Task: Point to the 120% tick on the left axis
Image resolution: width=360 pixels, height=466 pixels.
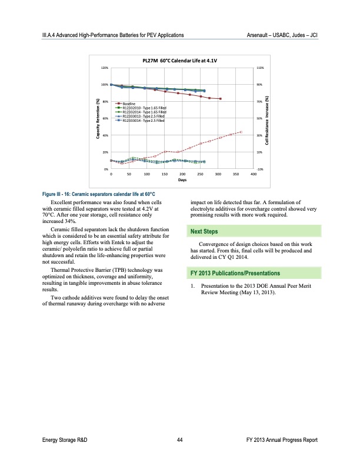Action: [x=104, y=68]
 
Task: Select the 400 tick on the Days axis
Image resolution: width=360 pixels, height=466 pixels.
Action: [x=253, y=175]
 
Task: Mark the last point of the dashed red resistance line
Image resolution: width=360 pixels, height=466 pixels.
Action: [x=241, y=132]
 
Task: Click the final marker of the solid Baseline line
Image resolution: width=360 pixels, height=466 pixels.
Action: [x=220, y=99]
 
